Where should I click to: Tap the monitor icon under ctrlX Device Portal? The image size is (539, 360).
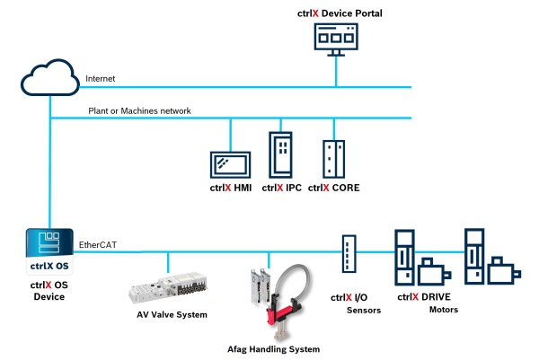[x=338, y=40]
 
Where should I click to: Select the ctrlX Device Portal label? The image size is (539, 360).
[x=338, y=13]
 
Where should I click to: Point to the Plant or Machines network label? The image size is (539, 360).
[x=139, y=110]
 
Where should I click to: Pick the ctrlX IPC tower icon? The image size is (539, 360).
[x=280, y=155]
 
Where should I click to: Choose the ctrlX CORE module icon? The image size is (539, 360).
[x=334, y=160]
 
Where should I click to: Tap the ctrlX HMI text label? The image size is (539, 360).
[x=229, y=189]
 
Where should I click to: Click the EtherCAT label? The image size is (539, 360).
[x=98, y=243]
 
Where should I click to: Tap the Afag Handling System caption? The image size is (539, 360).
[x=273, y=348]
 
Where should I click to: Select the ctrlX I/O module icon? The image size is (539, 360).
[x=349, y=253]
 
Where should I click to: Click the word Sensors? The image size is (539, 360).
[x=364, y=311]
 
